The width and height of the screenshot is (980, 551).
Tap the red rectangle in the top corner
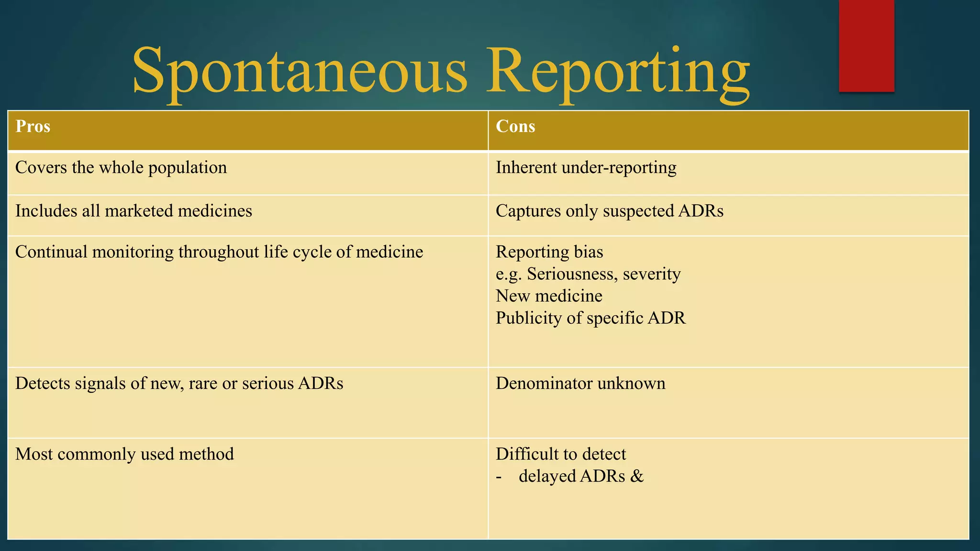click(866, 46)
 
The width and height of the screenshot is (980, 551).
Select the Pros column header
click(33, 126)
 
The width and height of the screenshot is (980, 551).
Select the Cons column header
click(515, 126)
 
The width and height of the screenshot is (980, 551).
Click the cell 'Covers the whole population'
click(121, 168)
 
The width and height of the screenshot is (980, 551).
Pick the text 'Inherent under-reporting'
click(586, 168)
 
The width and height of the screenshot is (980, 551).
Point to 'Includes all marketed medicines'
click(134, 211)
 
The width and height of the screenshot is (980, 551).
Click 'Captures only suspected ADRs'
click(609, 211)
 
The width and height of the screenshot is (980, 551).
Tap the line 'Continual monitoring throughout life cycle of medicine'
click(219, 252)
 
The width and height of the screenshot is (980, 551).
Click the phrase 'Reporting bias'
click(549, 252)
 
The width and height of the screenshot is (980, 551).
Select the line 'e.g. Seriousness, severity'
click(588, 274)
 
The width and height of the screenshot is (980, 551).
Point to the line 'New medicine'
click(549, 296)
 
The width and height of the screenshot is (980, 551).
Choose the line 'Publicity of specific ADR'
click(590, 318)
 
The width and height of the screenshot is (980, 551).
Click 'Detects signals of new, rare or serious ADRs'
click(179, 384)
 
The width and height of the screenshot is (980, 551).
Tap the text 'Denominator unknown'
click(580, 384)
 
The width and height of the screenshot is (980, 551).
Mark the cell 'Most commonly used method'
click(124, 454)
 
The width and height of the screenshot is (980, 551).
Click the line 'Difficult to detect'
click(561, 454)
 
